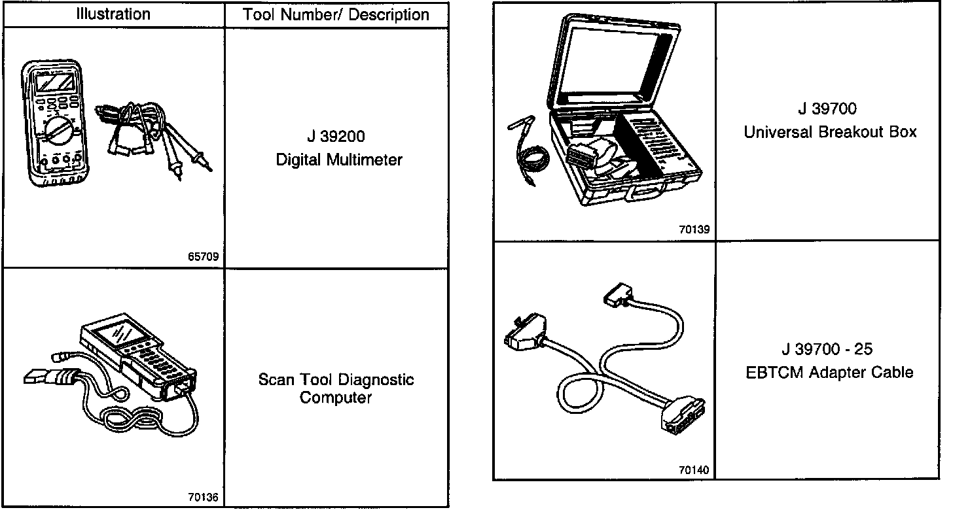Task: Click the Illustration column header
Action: coord(113,14)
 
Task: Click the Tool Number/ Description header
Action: coord(336,15)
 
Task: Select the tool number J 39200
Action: coord(336,137)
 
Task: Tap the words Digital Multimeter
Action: coord(339,160)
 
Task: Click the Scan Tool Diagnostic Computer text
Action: coord(336,388)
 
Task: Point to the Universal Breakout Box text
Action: coord(830,132)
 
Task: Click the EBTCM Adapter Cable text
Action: coord(830,373)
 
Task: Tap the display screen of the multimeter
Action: coord(54,83)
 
